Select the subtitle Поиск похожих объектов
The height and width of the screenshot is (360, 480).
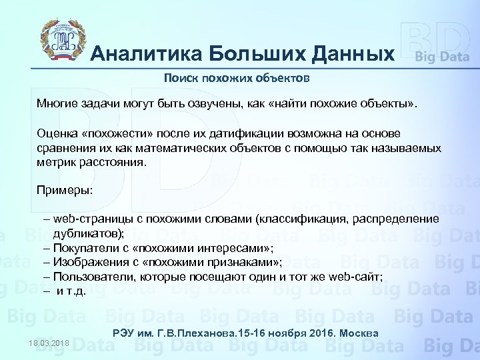[x=237, y=79]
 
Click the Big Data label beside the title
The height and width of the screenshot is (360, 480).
[x=442, y=57]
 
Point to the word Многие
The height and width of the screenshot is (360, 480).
[x=57, y=105]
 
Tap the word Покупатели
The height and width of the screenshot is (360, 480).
[x=83, y=247]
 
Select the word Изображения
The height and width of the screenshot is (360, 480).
[x=88, y=262]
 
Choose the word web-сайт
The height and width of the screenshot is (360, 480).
[x=354, y=277]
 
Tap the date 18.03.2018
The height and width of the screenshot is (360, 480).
[x=49, y=343]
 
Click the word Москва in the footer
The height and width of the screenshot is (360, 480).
[x=361, y=333]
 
